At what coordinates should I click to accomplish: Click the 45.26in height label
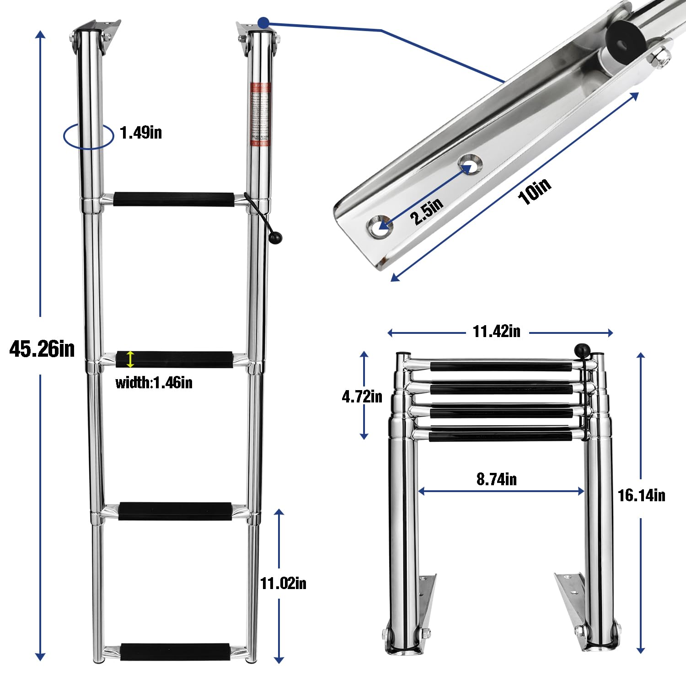coord(42,349)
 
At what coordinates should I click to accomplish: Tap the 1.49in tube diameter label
coord(140,133)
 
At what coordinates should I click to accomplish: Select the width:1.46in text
coord(154,382)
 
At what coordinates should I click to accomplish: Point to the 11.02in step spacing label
coord(283,584)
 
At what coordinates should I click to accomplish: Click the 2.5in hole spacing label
coord(426,211)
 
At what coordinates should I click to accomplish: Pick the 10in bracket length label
coord(534,191)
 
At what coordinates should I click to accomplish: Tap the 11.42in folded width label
coord(496,331)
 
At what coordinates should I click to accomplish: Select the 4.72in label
coord(362,396)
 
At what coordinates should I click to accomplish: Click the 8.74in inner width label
coord(497,479)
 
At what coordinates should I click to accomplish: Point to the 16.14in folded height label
coord(641,495)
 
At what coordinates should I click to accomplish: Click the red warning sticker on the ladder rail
coord(260,114)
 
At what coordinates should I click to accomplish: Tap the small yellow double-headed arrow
coord(130,359)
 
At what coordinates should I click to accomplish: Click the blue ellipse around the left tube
coord(88,136)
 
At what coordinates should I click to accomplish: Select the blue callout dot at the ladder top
coord(263,22)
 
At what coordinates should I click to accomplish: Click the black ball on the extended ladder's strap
coord(276,237)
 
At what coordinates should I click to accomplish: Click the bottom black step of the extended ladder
coord(175,652)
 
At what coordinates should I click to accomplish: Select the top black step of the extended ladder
coord(174,199)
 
